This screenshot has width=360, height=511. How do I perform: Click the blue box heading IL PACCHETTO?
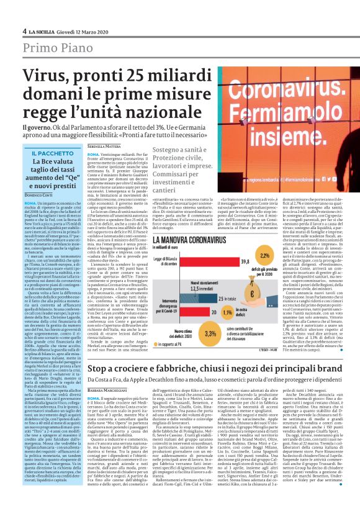tap(52, 153)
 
